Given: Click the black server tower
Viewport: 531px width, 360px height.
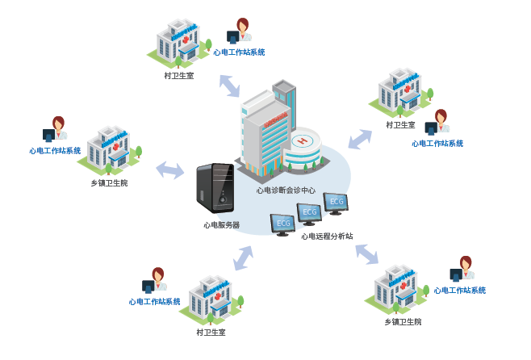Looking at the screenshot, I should point(215,188).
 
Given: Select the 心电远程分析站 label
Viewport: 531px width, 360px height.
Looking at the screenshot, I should point(327,237).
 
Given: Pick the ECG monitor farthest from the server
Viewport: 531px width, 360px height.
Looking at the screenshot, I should point(336,202).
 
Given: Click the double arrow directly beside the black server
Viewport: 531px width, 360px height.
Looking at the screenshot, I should point(169,170).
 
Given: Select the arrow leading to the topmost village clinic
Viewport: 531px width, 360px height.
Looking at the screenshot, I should point(229,84).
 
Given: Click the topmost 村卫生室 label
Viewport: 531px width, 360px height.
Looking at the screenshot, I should point(178,76).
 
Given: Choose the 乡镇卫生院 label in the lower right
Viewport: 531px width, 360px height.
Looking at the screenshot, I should point(402,321).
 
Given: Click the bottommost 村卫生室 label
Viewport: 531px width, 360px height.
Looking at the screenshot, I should point(211,332).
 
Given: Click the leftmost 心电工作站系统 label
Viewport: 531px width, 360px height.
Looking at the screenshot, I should point(55,151).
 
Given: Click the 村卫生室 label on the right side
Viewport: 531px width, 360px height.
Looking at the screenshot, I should point(400,125).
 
